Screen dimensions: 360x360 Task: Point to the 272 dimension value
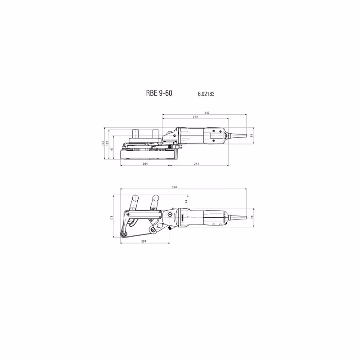(x=195, y=117)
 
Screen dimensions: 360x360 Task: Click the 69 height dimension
(x=252, y=135)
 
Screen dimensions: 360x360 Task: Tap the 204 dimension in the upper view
(x=145, y=164)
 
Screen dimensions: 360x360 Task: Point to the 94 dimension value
(x=185, y=201)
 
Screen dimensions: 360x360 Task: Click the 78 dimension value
(x=252, y=218)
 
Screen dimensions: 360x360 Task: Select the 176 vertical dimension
(x=111, y=218)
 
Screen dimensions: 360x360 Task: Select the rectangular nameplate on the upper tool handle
(x=215, y=134)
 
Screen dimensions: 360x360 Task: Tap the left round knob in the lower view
(x=135, y=198)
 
